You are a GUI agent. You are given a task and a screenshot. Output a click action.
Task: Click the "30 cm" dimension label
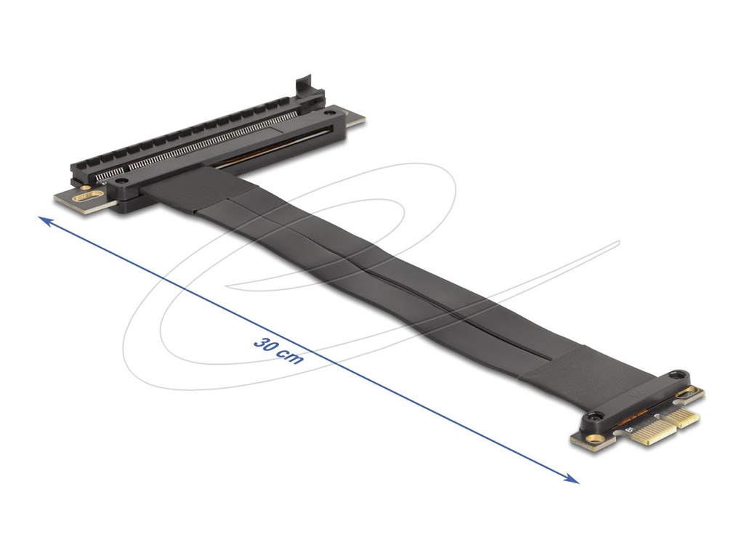[x=279, y=351]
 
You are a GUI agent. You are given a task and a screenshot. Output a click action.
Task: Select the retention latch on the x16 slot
[x=306, y=89]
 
